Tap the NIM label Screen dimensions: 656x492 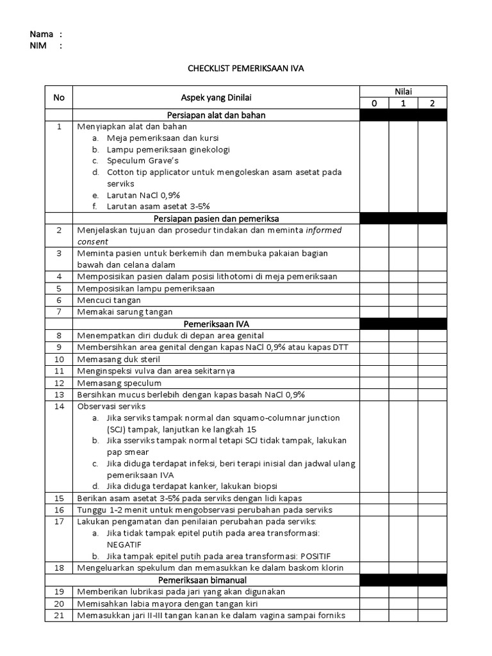tap(38, 45)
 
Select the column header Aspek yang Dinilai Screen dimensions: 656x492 tap(216, 97)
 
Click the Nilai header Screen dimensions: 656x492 tap(403, 92)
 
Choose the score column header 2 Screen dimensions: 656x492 tap(432, 103)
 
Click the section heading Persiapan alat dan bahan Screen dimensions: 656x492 tap(216, 115)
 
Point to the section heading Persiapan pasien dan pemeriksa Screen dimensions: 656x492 tap(216, 219)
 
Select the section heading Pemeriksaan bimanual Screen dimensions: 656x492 tap(216, 580)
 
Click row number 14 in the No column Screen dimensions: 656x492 tap(59, 406)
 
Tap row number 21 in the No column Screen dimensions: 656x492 tap(59, 616)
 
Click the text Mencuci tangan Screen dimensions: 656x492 tap(109, 300)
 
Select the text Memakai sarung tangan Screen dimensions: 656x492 tap(125, 311)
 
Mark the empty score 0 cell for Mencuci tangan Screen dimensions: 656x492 tap(373, 300)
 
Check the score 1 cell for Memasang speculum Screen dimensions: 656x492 tap(403, 382)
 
